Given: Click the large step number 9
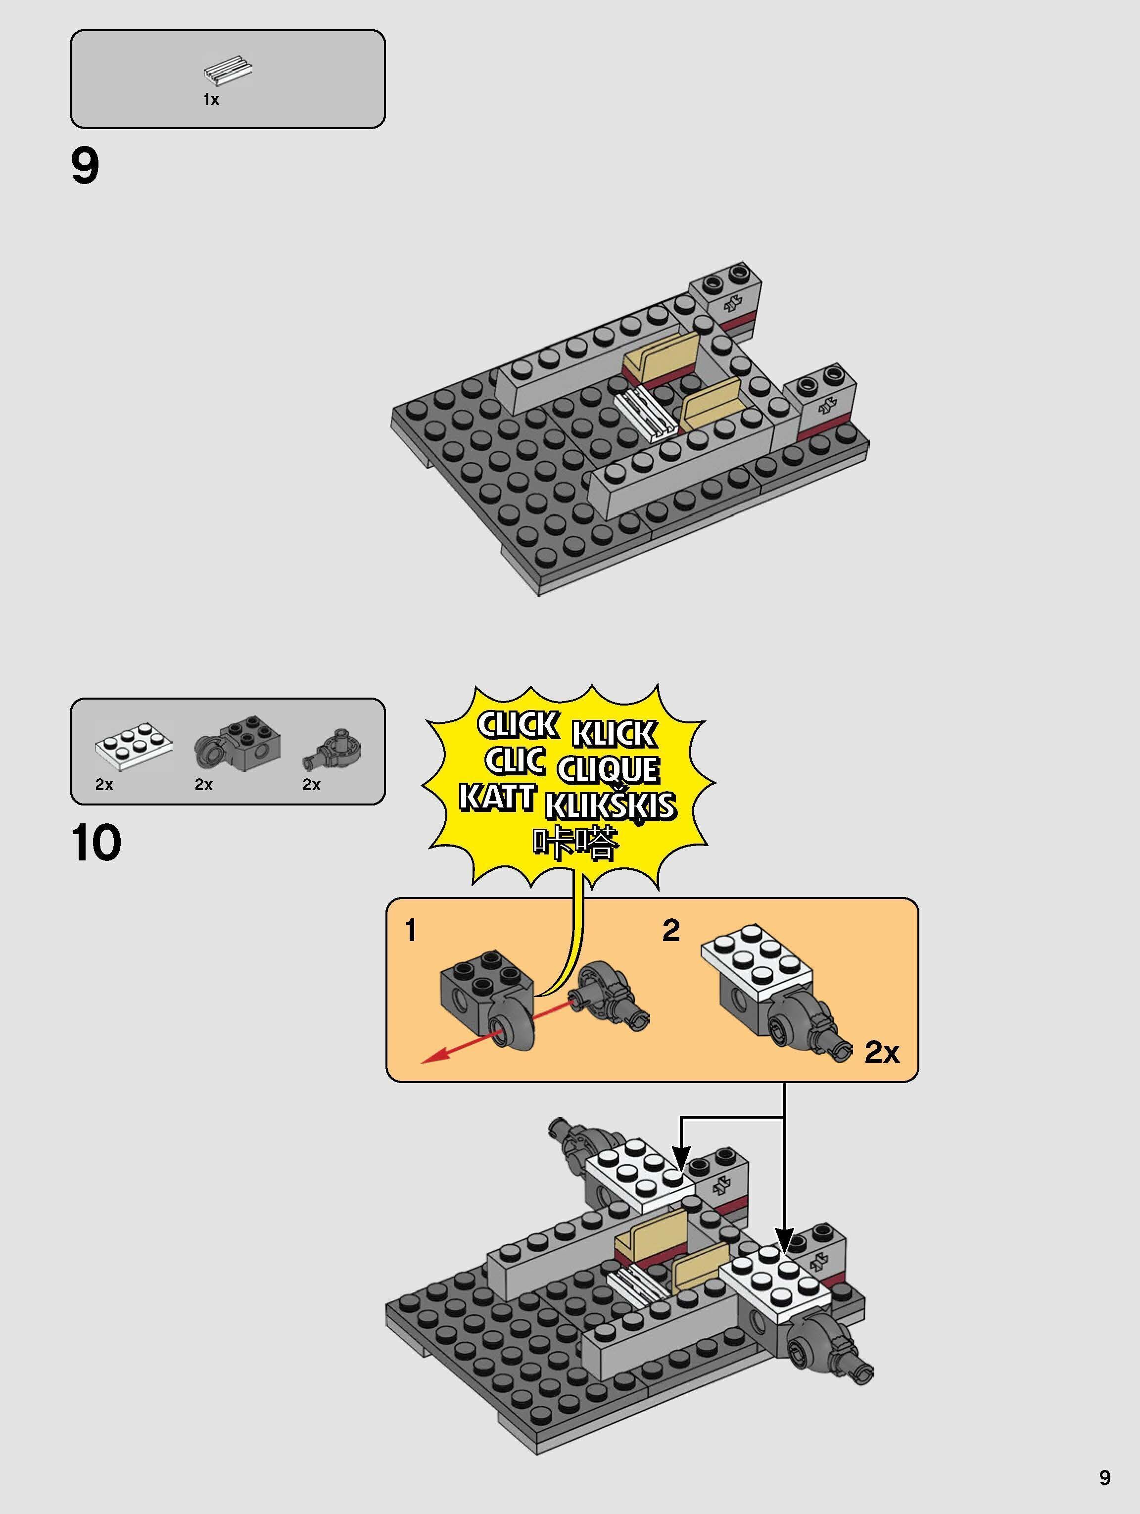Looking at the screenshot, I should click(85, 166).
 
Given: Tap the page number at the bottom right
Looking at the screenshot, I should click(1104, 1477).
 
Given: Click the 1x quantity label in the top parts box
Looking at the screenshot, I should click(211, 100).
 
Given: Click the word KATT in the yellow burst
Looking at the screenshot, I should click(496, 798).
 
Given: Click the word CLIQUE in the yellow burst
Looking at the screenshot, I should click(608, 770).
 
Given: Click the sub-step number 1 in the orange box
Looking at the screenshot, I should click(411, 931).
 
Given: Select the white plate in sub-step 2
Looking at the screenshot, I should click(757, 953).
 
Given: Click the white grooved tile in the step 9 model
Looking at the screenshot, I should click(645, 415).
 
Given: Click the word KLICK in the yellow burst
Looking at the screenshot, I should click(614, 734).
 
